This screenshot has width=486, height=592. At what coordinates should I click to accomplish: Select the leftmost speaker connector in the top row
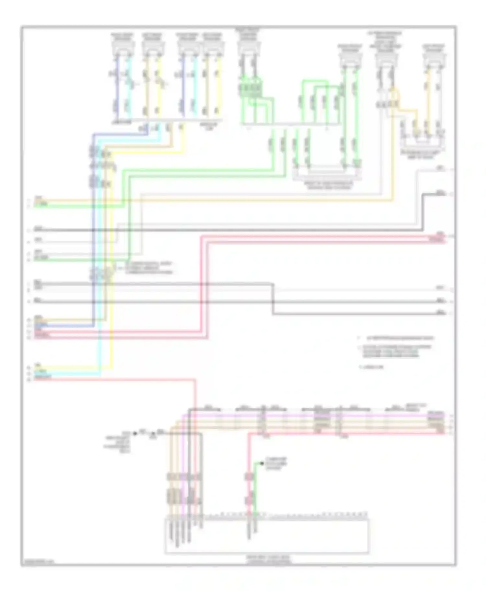tap(123, 47)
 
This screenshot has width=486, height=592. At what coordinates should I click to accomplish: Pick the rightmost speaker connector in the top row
tap(434, 57)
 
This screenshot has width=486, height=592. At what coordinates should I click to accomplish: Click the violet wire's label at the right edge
tap(436, 414)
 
